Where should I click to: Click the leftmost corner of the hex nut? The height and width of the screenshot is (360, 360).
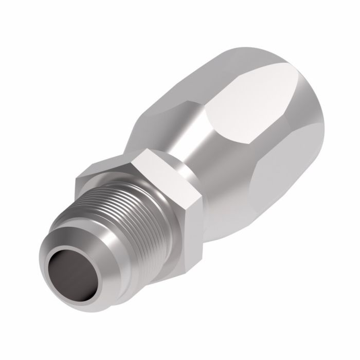[x=77, y=177]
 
